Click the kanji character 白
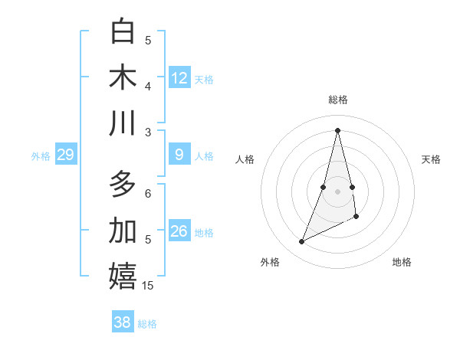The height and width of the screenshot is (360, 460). click(x=123, y=32)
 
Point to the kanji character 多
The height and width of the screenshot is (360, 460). click(x=123, y=185)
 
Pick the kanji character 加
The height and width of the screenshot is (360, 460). click(x=123, y=231)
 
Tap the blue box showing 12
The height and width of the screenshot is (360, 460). click(x=179, y=78)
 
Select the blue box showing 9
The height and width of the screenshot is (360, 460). click(x=179, y=155)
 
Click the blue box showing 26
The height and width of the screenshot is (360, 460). click(x=179, y=231)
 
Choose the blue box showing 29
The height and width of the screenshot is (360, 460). click(x=65, y=155)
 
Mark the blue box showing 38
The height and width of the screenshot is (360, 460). click(x=123, y=322)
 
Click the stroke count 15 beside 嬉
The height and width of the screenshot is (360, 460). click(x=149, y=286)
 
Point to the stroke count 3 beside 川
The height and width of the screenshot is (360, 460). click(x=149, y=132)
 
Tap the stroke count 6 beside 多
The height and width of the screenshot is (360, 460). click(x=149, y=194)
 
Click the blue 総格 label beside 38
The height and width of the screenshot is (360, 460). click(x=148, y=324)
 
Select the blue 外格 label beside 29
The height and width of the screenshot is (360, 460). click(x=41, y=156)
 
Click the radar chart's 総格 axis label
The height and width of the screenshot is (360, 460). click(x=338, y=100)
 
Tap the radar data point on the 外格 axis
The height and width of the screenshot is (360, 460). click(x=301, y=242)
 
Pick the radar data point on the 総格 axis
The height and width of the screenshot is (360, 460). click(x=337, y=129)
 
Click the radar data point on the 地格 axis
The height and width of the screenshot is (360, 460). click(x=357, y=218)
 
